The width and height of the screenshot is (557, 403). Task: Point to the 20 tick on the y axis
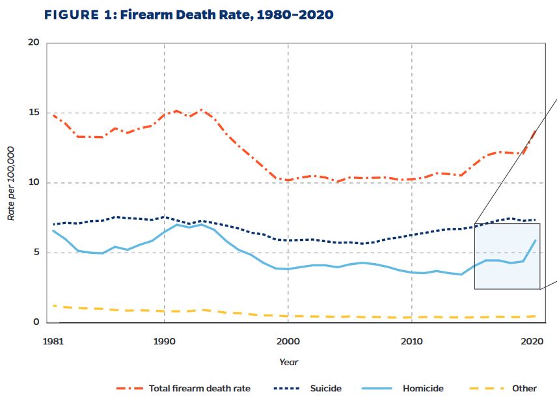click(x=34, y=43)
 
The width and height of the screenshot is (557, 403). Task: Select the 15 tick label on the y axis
click(x=34, y=113)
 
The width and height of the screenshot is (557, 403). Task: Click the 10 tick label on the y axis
click(x=34, y=182)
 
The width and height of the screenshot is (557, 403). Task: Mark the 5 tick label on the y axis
click(x=36, y=252)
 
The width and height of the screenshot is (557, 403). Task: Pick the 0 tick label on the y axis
click(x=36, y=322)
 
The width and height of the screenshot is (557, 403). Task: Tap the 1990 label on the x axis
click(x=164, y=340)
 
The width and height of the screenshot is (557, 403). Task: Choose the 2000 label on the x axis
click(x=288, y=340)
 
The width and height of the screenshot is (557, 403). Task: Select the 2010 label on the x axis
click(x=411, y=340)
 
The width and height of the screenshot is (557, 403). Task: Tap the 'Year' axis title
click(x=288, y=362)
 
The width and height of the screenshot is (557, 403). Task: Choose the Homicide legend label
click(x=423, y=389)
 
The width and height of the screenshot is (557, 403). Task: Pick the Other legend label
click(x=524, y=389)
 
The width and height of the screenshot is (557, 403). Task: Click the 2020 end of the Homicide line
click(x=536, y=240)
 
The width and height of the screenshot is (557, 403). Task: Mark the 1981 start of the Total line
click(x=53, y=115)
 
